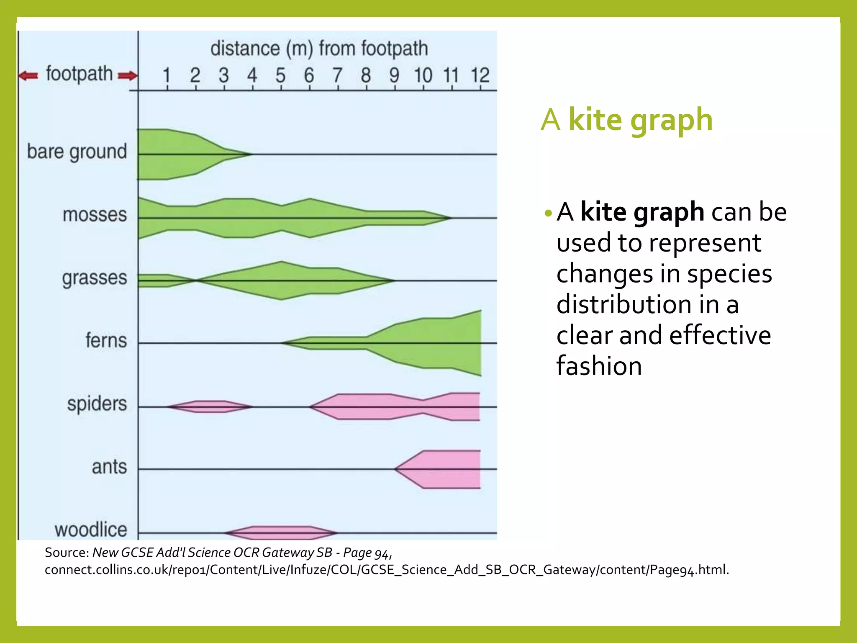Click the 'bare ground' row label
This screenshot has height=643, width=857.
pyautogui.click(x=77, y=152)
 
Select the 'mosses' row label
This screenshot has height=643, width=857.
pyautogui.click(x=95, y=215)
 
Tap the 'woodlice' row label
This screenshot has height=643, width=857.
pyautogui.click(x=91, y=530)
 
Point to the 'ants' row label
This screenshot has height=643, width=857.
pyautogui.click(x=109, y=466)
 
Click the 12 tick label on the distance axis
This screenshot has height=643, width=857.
pyautogui.click(x=480, y=76)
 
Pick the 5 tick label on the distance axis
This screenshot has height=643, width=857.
pyautogui.click(x=280, y=76)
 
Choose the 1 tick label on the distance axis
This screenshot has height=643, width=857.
pyautogui.click(x=167, y=76)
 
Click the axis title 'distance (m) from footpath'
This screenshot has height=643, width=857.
pyautogui.click(x=319, y=49)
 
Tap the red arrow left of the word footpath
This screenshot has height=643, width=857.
pyautogui.click(x=28, y=76)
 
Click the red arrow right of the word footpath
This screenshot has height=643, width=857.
pyautogui.click(x=128, y=76)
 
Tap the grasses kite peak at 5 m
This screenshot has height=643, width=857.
pyautogui.click(x=282, y=280)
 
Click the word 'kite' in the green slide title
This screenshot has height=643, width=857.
pyautogui.click(x=595, y=120)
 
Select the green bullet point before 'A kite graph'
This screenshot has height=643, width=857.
pyautogui.click(x=548, y=214)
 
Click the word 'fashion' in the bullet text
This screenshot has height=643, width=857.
pyautogui.click(x=599, y=366)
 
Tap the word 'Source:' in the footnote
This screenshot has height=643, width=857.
pyautogui.click(x=67, y=553)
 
